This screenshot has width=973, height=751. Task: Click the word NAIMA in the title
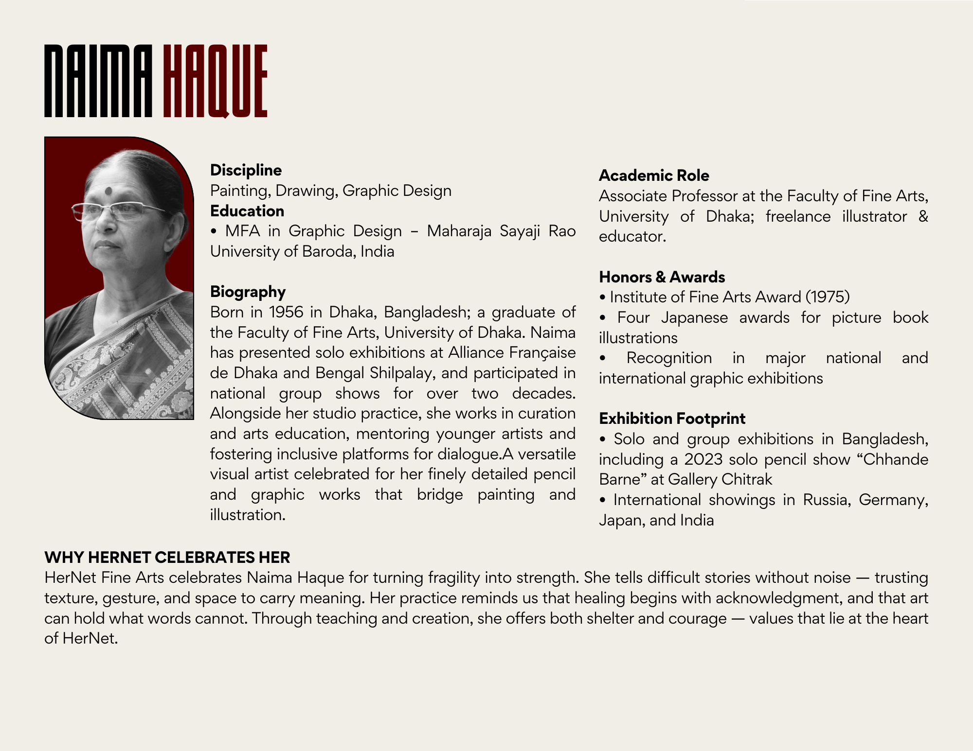point(98,81)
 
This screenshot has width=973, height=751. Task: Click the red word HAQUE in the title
point(215,81)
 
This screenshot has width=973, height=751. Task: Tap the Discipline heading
point(246,170)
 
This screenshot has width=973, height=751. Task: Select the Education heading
point(247,211)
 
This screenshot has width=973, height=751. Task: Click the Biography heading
point(248,292)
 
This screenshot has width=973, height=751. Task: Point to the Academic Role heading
point(654,175)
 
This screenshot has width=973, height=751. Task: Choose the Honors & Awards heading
point(662,277)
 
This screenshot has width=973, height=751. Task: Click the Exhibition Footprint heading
point(672,419)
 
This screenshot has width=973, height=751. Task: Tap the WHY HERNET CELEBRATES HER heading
point(167,557)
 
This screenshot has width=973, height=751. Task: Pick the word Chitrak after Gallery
point(746,480)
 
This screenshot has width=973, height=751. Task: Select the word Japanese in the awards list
point(694,318)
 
